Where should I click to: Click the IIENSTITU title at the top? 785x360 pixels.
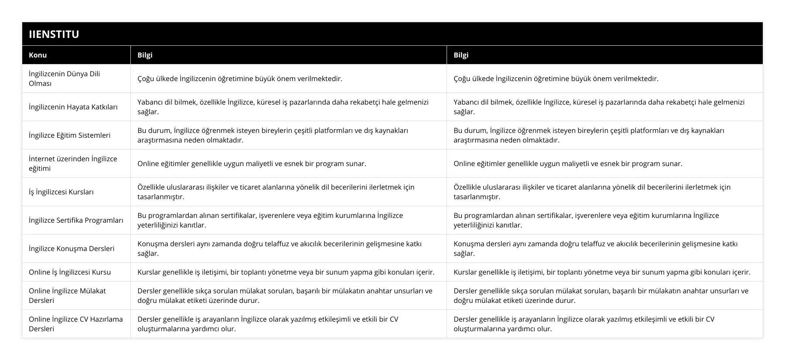click(54, 34)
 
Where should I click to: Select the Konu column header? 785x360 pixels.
click(38, 55)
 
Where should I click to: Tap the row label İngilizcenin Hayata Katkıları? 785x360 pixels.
click(73, 107)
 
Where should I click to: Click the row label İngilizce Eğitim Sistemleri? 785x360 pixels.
click(69, 135)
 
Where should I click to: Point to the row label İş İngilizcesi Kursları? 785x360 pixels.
click(61, 192)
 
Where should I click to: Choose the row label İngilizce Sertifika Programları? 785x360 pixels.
click(76, 220)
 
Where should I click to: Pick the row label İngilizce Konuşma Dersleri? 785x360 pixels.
click(72, 248)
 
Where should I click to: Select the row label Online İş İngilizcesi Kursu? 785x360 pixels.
click(70, 272)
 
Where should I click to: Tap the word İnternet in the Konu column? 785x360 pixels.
click(43, 159)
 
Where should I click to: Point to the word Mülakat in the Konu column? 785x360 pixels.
click(92, 291)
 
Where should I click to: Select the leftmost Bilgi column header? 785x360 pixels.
click(145, 55)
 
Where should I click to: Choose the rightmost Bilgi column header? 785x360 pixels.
click(461, 55)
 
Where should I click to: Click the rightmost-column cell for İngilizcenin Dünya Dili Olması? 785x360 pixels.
click(556, 78)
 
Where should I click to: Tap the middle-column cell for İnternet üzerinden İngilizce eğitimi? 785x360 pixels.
click(252, 163)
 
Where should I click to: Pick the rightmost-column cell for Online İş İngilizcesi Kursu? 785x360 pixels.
click(602, 272)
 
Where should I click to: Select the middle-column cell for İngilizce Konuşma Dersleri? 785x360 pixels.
click(280, 248)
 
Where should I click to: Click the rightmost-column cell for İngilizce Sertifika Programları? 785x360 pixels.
click(586, 220)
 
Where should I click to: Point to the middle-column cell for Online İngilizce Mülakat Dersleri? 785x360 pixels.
click(285, 295)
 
